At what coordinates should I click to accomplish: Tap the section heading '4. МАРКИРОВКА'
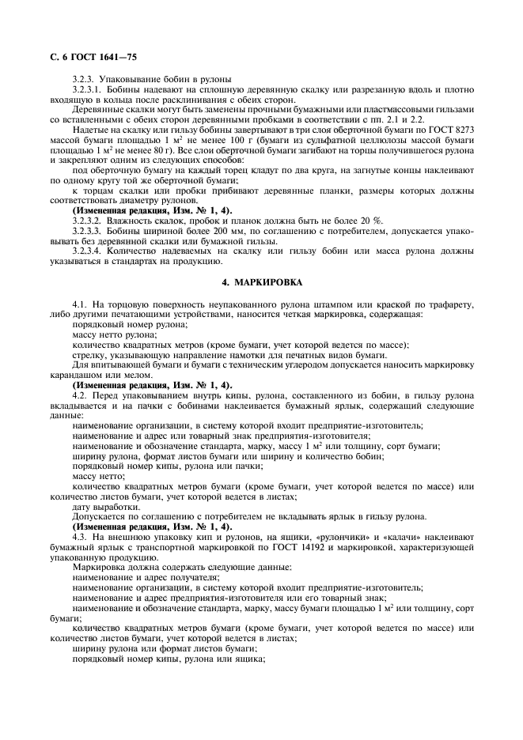coord(261,282)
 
